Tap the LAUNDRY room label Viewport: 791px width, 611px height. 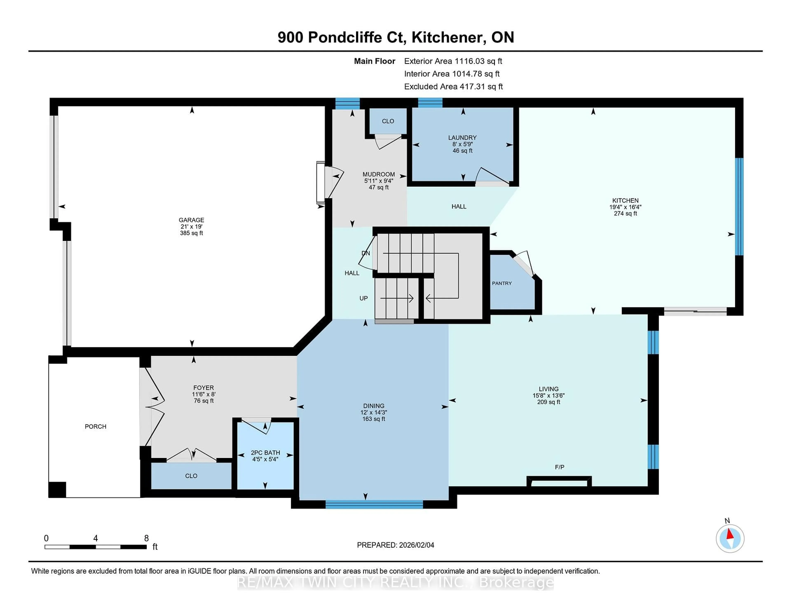tap(462, 138)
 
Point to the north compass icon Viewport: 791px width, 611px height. tap(730, 539)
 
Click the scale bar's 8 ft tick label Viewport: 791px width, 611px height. tap(146, 538)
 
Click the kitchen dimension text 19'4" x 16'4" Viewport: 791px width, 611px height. tap(625, 207)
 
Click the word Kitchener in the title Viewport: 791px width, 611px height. tap(449, 37)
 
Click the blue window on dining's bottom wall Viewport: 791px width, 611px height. tap(374, 504)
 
